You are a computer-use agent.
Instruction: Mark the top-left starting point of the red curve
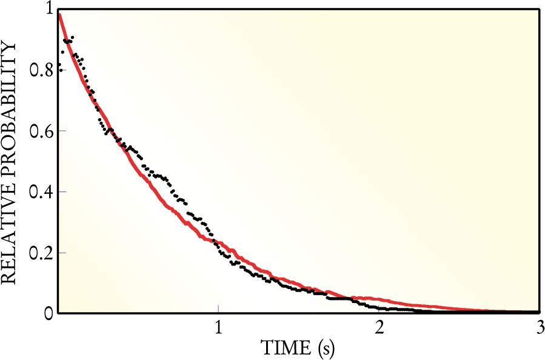(59, 14)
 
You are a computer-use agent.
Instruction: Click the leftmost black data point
(59, 64)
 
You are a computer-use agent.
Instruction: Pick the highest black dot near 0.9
(73, 38)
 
